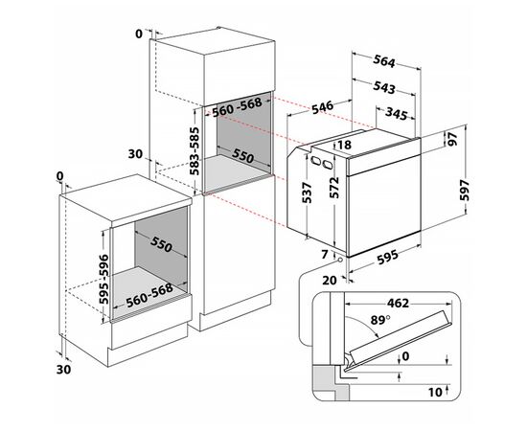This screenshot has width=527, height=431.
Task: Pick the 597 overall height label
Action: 492,191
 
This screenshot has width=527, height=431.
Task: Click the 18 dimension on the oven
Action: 346,145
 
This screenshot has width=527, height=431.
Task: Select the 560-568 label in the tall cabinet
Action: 237,108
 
